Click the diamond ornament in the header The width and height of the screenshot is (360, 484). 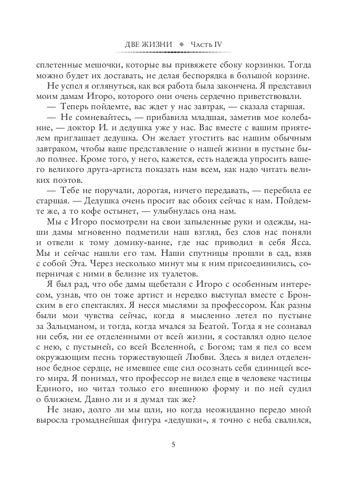click(x=182, y=44)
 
